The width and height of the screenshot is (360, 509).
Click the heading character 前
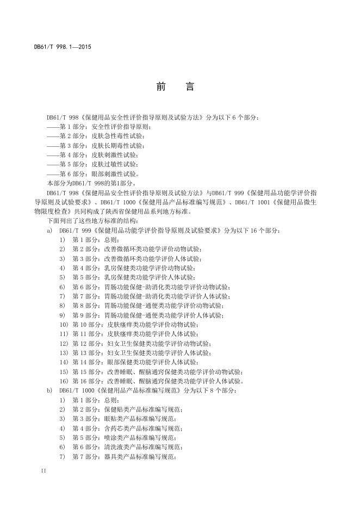160,87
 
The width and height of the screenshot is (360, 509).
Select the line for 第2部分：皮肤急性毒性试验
96,136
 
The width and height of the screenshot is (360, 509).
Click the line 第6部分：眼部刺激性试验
96,174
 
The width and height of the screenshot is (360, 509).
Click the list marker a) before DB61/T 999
49,231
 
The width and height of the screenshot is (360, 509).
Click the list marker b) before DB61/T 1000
49,390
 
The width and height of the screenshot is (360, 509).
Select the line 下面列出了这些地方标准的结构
92,221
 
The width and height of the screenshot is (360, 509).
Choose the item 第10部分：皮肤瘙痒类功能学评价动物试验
136,325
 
